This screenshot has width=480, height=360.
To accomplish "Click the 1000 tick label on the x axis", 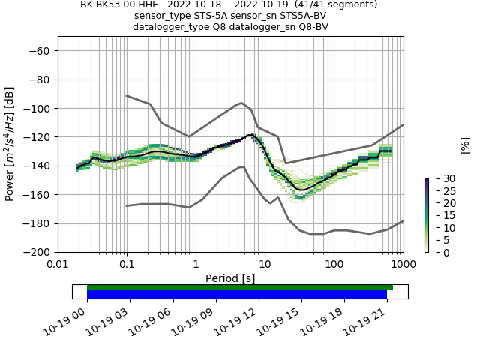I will [x=403, y=264].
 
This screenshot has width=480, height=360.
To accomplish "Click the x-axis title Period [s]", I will [x=230, y=277].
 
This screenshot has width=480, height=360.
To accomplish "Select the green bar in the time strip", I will [x=240, y=287].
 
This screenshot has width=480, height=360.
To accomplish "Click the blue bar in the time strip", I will [x=237, y=295].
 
